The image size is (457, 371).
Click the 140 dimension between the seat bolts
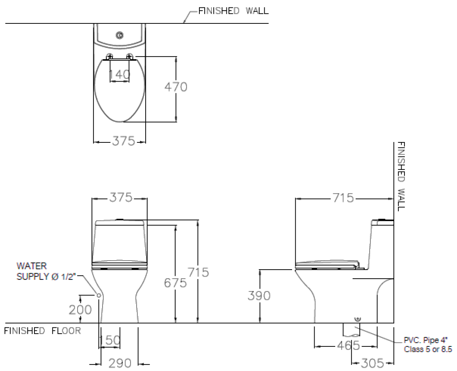click(x=119, y=75)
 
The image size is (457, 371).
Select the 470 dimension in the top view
click(x=176, y=87)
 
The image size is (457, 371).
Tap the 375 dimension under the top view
click(x=123, y=142)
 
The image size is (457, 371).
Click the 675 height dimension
click(x=176, y=282)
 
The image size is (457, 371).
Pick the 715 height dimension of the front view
click(x=199, y=272)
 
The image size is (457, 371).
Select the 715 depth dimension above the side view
click(x=343, y=198)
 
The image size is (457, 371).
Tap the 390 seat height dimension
click(x=259, y=295)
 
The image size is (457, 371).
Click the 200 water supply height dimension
click(x=80, y=310)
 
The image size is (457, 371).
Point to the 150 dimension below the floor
click(x=110, y=340)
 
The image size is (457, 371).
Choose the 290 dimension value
click(x=120, y=363)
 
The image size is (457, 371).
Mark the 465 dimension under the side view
click(x=348, y=346)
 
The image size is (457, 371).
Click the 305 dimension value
click(x=372, y=363)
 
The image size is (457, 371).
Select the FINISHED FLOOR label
click(x=43, y=331)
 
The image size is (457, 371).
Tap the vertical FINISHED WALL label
click(x=401, y=176)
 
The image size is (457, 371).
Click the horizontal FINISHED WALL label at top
click(x=233, y=11)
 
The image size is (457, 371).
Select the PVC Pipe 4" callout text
click(x=427, y=344)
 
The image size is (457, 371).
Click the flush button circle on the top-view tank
click(x=120, y=35)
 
